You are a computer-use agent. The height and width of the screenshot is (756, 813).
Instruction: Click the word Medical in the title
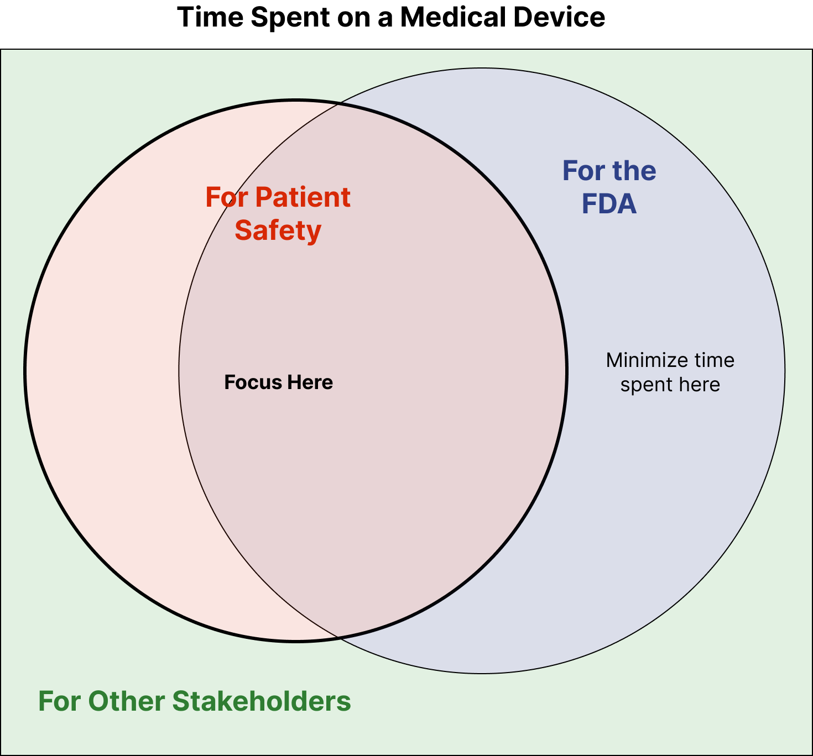click(x=453, y=17)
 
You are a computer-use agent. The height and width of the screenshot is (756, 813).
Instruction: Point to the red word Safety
click(x=278, y=230)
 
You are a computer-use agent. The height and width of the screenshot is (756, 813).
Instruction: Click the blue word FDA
click(x=609, y=204)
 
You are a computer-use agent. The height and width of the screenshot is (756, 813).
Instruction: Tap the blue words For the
click(x=609, y=171)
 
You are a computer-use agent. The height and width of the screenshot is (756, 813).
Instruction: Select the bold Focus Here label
click(x=278, y=382)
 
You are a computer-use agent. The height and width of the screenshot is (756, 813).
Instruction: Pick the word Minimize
click(x=639, y=360)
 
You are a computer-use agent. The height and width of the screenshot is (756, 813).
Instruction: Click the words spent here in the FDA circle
click(x=670, y=385)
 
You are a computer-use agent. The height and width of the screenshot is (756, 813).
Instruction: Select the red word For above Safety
click(x=227, y=197)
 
